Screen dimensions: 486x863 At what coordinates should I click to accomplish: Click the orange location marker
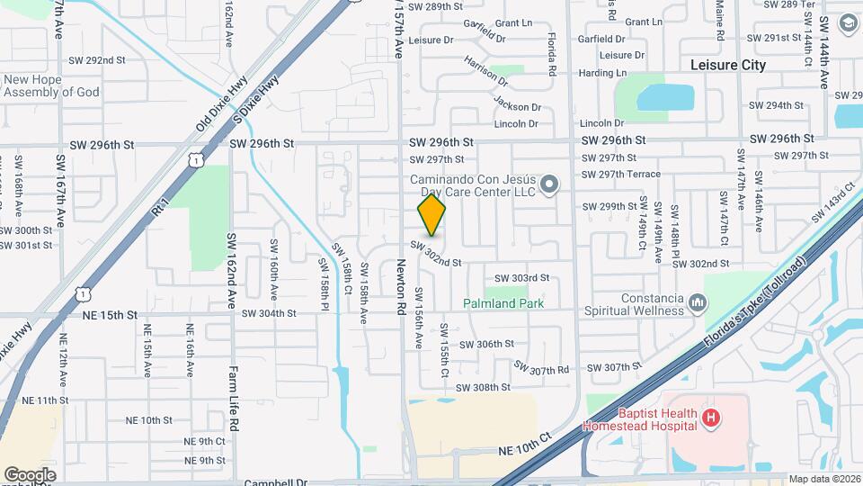pos(431,214)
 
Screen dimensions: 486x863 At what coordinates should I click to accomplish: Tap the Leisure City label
pos(728,65)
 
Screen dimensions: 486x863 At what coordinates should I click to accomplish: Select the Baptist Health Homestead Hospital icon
pos(711,418)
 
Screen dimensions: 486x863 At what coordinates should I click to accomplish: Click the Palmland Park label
pos(503,304)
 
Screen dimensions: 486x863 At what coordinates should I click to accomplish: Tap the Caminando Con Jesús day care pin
pos(551,184)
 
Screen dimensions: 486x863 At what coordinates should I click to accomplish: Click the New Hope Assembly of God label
pos(51,85)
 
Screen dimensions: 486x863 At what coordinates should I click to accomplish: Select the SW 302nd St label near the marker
pos(437,255)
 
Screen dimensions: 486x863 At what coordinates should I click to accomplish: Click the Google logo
pos(30,474)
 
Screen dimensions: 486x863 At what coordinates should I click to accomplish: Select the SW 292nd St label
pos(96,60)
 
